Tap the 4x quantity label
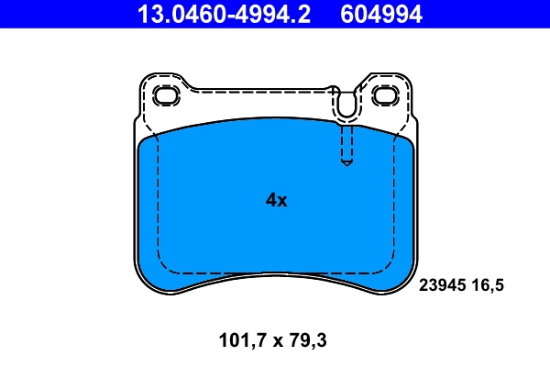[276, 200]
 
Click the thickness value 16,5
[488, 285]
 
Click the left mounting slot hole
[167, 95]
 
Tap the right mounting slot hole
[385, 95]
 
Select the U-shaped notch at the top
[347, 106]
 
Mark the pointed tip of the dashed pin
[346, 165]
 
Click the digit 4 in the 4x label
[270, 200]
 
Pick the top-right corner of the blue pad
[409, 142]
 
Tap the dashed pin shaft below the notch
[346, 142]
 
